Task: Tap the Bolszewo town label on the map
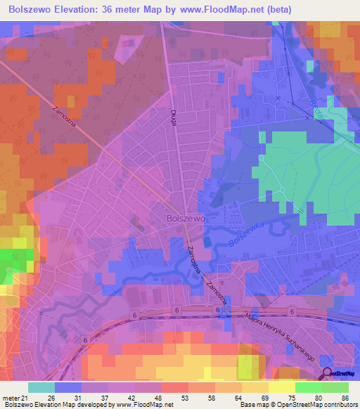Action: [186, 219]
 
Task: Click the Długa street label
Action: [172, 117]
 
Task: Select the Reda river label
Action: [316, 110]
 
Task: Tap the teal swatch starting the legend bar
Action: [41, 388]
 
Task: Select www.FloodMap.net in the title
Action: [220, 9]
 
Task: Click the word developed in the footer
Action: [96, 404]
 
